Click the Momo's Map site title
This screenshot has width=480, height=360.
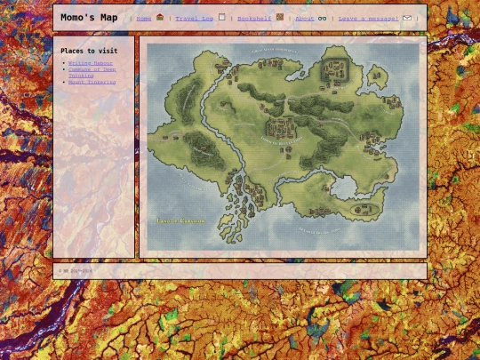coord(89,18)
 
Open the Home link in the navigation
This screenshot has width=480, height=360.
coord(144,18)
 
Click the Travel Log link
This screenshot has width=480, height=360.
coord(194,18)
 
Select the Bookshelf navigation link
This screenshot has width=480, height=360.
coord(254,18)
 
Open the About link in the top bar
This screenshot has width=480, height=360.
coord(304,18)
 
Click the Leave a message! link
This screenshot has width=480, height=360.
coord(368,18)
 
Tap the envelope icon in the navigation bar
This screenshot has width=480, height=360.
coord(407,18)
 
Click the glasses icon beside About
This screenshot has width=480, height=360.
coord(323,18)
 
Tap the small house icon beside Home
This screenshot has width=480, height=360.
coord(160,17)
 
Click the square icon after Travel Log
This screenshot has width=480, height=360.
coord(221,17)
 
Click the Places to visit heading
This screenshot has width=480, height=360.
coord(89,51)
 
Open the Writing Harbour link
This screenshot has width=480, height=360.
coord(91,63)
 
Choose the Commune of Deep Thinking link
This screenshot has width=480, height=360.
coord(92,72)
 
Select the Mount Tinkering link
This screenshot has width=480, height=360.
coord(92,82)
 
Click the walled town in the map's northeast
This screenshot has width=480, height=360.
coord(335,68)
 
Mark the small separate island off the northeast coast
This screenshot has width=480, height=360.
coord(381,76)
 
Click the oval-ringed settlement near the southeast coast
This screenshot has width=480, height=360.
coord(361,210)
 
